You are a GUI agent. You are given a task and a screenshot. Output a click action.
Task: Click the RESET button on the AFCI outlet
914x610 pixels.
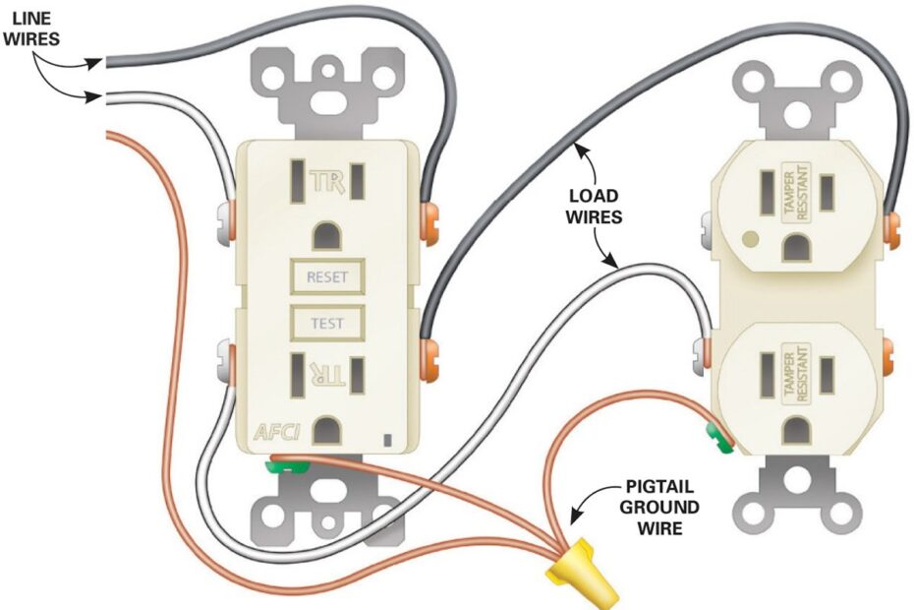326,277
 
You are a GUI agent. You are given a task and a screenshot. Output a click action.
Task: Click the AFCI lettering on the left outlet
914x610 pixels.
276,431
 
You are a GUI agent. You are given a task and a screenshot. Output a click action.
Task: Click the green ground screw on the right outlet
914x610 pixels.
721,439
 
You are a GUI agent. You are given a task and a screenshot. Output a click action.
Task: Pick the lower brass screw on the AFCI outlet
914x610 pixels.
428,356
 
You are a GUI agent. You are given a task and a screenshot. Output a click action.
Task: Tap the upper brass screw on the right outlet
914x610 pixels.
891,226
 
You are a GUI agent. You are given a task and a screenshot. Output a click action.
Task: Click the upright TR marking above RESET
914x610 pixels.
324,182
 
